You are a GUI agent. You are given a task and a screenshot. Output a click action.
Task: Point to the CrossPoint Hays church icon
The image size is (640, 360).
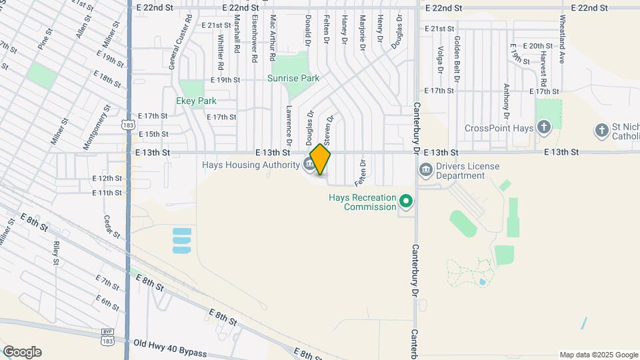point(544,127)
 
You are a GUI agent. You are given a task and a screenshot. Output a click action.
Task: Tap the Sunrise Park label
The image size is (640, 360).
point(293,78)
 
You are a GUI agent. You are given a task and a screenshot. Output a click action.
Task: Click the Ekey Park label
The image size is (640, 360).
point(196,101)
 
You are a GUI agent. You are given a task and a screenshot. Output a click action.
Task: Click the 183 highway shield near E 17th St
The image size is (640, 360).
point(128,125)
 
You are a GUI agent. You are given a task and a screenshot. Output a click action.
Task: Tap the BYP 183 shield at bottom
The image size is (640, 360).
point(107,336)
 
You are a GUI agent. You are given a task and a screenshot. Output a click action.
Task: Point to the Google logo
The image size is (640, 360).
point(22,352)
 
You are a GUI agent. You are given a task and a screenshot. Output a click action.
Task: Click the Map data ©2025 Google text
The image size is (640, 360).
point(598,355)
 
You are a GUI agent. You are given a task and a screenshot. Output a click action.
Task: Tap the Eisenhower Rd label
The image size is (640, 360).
point(255,39)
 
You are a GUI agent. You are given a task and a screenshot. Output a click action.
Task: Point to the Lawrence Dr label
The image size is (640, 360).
point(289,125)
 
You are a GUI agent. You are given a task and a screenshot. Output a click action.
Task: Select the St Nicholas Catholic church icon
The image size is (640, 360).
point(602,130)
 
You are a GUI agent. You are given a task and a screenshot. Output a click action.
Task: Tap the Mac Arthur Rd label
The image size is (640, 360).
point(273,39)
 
